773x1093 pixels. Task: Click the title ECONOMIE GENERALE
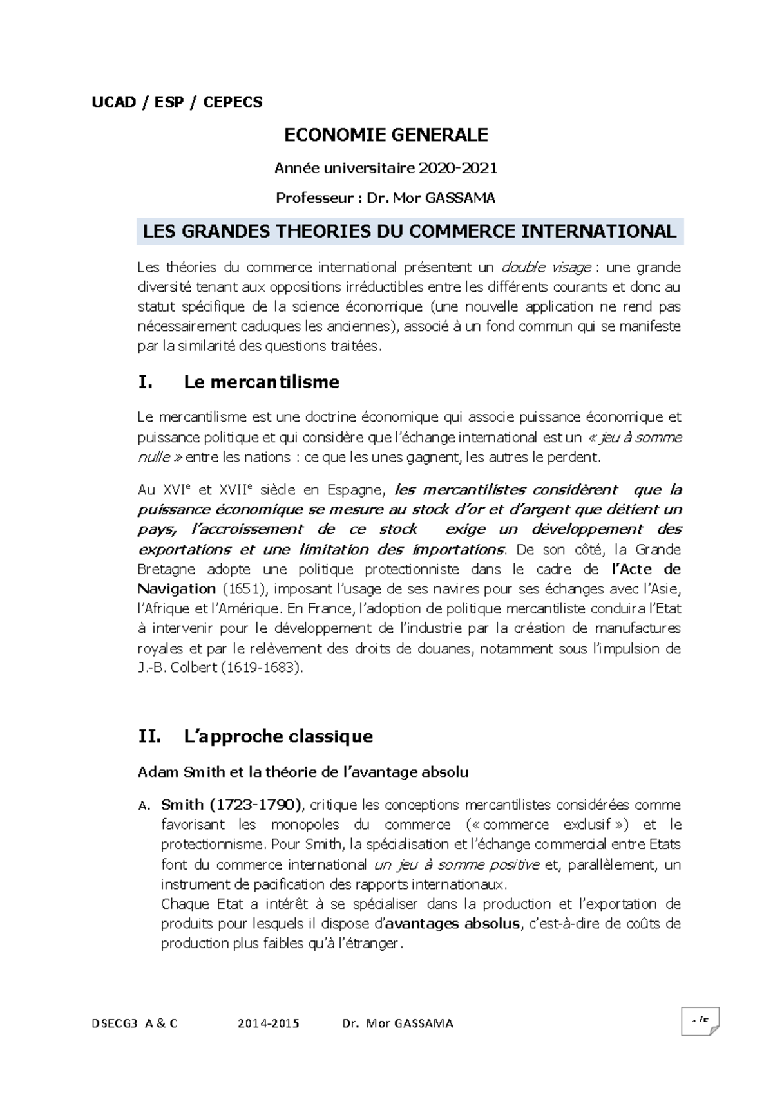386,135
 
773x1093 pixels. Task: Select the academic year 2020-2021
458,169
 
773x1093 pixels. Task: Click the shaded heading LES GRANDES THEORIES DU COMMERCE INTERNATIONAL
409,232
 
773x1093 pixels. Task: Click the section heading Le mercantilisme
261,382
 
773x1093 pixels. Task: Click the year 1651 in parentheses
239,589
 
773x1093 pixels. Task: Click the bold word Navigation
177,589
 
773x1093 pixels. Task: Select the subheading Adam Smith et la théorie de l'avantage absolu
303,772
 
